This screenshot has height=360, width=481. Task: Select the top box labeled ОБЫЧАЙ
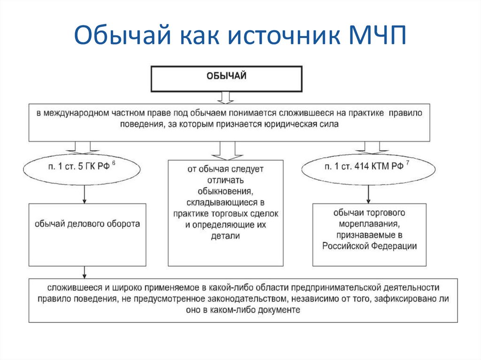pyautogui.click(x=226, y=79)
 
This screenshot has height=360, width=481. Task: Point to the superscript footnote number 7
pyautogui.click(x=408, y=162)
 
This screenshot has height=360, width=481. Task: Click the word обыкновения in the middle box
pyautogui.click(x=226, y=191)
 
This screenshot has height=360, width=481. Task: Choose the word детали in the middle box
pyautogui.click(x=226, y=236)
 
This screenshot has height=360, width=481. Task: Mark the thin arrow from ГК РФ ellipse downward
pyautogui.click(x=84, y=193)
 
